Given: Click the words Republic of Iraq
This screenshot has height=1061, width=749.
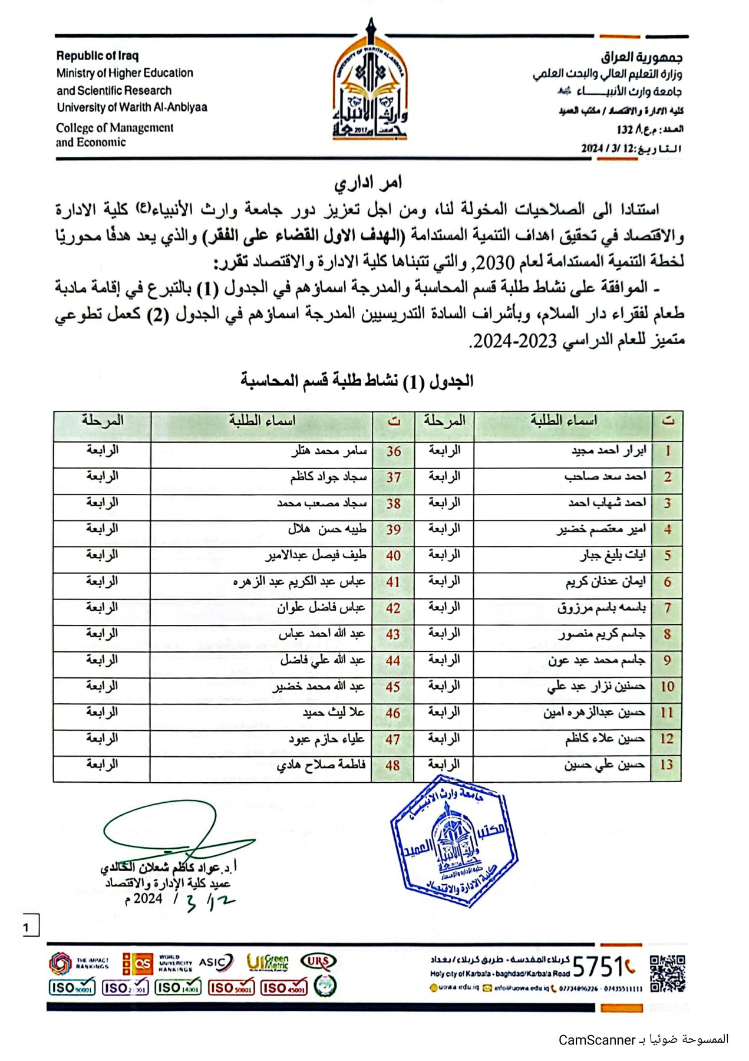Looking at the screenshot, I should [97, 56].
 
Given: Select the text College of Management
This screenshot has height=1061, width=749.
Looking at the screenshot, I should [115, 128].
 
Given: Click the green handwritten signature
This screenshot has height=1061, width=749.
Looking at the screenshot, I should [177, 831].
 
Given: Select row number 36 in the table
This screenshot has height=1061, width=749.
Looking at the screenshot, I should [394, 452].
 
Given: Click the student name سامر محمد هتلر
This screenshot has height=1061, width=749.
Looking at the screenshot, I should [329, 451].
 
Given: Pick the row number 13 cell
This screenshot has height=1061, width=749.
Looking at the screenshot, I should [666, 765].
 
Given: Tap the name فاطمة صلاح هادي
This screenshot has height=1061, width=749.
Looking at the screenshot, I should [321, 765].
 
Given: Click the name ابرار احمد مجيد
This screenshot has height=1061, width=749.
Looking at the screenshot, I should [608, 451].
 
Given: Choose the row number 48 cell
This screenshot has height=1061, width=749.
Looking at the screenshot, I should [393, 765].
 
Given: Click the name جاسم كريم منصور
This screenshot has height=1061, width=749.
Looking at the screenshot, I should [602, 634].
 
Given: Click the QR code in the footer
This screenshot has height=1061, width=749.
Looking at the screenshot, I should [668, 974].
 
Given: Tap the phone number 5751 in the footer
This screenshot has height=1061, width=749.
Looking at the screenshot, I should [598, 967].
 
